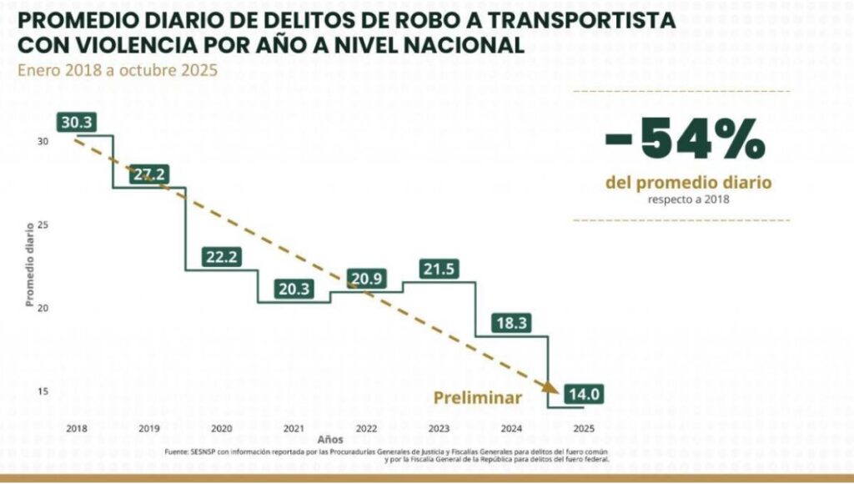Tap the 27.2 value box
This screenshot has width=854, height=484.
pyautogui.click(x=148, y=174)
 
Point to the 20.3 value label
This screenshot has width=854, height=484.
pyautogui.click(x=294, y=289)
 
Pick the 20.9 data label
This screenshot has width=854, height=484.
pyautogui.click(x=367, y=278)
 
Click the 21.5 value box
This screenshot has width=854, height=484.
pyautogui.click(x=440, y=270)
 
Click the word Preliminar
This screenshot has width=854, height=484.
pyautogui.click(x=478, y=398)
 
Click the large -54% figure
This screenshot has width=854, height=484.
pyautogui.click(x=684, y=139)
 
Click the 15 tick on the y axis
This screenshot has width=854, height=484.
pyautogui.click(x=43, y=392)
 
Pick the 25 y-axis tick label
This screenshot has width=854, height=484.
pyautogui.click(x=43, y=225)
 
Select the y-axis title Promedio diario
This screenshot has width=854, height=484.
pyautogui.click(x=30, y=265)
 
